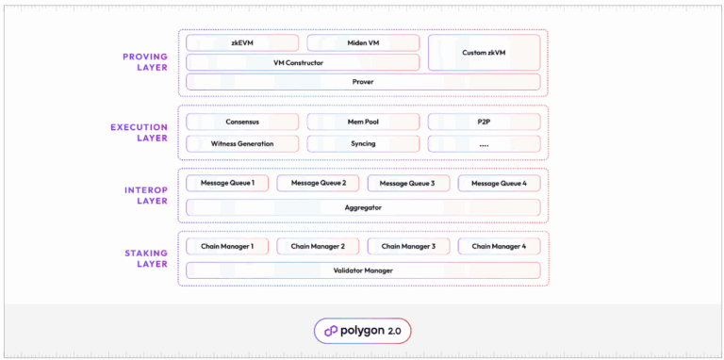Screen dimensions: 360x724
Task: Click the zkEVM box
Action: pyautogui.click(x=242, y=42)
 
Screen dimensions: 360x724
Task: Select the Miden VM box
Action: pyautogui.click(x=363, y=42)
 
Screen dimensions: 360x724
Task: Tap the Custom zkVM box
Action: pyautogui.click(x=485, y=52)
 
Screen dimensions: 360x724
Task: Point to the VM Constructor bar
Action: pyautogui.click(x=303, y=62)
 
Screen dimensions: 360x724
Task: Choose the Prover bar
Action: pyautogui.click(x=363, y=82)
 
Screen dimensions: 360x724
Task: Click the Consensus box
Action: pyautogui.click(x=242, y=122)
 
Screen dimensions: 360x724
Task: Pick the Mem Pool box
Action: pyautogui.click(x=363, y=122)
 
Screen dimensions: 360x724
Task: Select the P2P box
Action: pyautogui.click(x=485, y=122)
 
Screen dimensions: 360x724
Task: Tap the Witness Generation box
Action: pyautogui.click(x=242, y=143)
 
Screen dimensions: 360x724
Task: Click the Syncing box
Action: pyautogui.click(x=363, y=143)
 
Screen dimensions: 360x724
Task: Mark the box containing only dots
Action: pyautogui.click(x=485, y=143)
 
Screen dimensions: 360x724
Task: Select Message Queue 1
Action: pyautogui.click(x=227, y=183)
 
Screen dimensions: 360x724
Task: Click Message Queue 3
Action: pyautogui.click(x=408, y=183)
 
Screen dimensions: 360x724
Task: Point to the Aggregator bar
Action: pyautogui.click(x=363, y=206)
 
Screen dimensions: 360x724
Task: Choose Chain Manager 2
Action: pyautogui.click(x=318, y=246)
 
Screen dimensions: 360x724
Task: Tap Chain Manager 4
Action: pyautogui.click(x=499, y=246)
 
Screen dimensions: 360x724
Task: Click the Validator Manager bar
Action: pyautogui.click(x=363, y=270)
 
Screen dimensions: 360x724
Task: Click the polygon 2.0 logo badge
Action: pyautogui.click(x=362, y=331)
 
